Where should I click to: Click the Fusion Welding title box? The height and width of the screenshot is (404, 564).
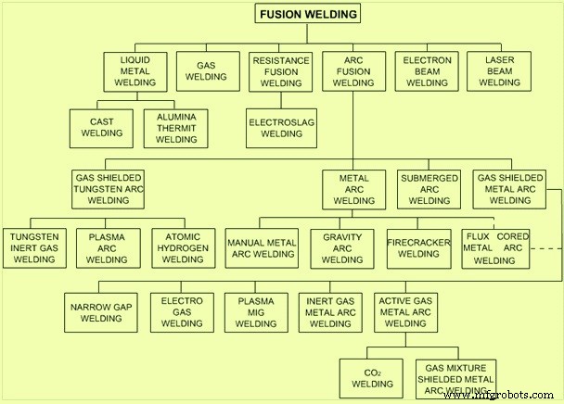308,14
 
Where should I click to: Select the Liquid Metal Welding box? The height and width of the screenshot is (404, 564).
135,71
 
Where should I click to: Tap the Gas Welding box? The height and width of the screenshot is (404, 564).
208,71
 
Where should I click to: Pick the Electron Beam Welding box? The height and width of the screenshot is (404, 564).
427,71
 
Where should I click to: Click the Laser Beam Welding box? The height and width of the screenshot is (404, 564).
499,71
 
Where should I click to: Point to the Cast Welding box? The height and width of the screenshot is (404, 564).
101,128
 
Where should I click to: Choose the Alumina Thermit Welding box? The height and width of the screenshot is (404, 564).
176,128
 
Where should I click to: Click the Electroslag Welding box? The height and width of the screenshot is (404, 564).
281,128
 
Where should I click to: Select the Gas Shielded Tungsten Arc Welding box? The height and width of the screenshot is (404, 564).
108,189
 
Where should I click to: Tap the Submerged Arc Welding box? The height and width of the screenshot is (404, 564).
429,189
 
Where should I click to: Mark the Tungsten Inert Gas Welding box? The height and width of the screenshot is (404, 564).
34,248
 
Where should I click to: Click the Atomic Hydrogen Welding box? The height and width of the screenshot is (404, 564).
184,248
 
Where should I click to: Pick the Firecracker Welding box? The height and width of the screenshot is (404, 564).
419,248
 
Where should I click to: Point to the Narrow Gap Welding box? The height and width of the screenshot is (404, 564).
101,312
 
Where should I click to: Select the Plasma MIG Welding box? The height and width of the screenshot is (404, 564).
256,312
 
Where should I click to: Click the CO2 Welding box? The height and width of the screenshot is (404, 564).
371,378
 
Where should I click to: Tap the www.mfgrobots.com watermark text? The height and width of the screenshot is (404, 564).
499,396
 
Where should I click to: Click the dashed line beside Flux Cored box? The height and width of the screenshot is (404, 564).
546,248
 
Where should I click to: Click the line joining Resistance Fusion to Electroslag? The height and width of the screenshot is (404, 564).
281,100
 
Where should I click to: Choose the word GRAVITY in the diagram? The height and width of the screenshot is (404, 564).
342,237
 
